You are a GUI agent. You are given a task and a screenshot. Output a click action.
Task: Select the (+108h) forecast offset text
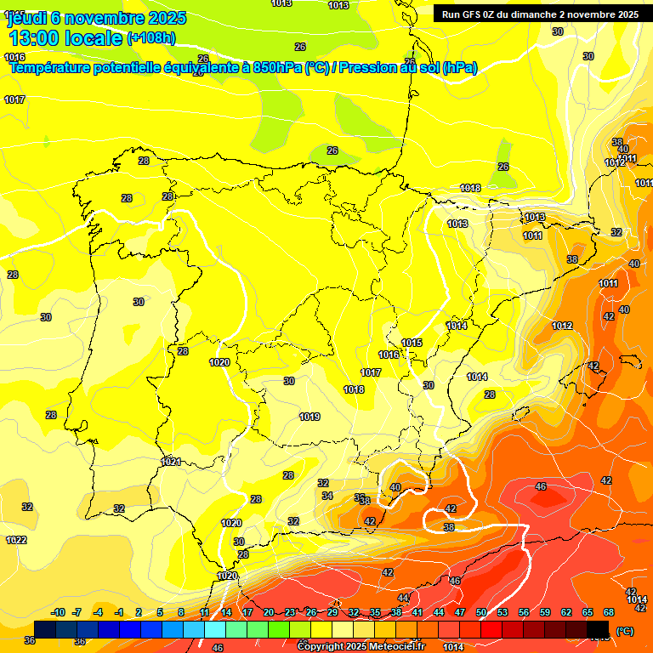[x=151, y=37]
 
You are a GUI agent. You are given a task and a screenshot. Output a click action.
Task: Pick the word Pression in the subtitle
[x=366, y=67]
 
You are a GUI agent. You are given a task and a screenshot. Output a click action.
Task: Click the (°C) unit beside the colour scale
[x=625, y=631]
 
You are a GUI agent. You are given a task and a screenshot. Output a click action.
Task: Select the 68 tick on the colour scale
[x=609, y=612]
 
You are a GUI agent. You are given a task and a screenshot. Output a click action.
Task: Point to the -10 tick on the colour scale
[x=59, y=612]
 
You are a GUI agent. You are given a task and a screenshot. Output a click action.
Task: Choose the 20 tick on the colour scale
[x=269, y=612]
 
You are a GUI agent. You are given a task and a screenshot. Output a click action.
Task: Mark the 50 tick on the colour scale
[x=481, y=612]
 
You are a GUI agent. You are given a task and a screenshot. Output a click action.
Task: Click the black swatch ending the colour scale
[x=599, y=629]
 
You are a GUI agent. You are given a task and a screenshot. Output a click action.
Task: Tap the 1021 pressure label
[x=172, y=462]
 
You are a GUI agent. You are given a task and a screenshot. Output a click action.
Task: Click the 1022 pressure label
[x=16, y=540]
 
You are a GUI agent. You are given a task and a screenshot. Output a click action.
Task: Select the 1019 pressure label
[x=309, y=417]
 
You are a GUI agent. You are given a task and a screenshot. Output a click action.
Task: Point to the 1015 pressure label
[x=412, y=343]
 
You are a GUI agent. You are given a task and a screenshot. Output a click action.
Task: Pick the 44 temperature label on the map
[x=403, y=598]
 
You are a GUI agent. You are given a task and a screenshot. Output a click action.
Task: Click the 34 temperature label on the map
[x=327, y=496]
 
